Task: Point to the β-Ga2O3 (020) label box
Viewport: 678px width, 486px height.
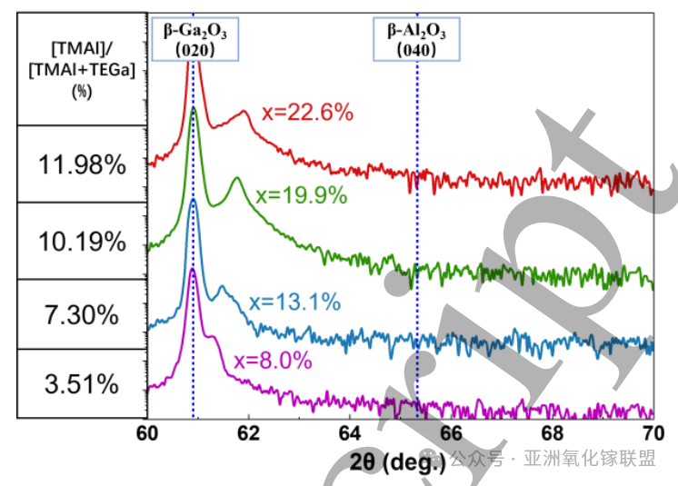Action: pos(194,40)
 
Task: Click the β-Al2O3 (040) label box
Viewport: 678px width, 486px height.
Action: pos(417,40)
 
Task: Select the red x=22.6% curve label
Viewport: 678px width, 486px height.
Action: pos(306,114)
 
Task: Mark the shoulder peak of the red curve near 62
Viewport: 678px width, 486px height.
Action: pos(244,112)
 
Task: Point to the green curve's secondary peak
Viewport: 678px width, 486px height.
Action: pos(237,179)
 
